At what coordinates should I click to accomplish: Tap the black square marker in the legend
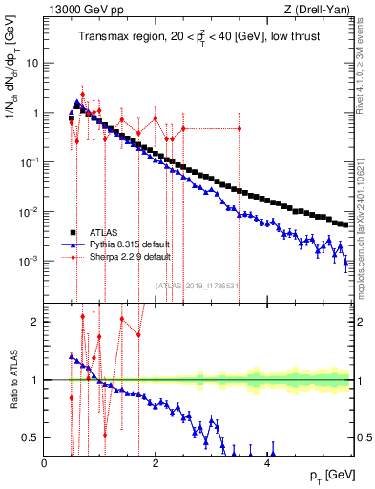[73, 232]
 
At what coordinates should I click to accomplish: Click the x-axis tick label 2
[156, 464]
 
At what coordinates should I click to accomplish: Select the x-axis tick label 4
[268, 464]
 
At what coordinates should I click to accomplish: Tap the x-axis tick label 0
[45, 464]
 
